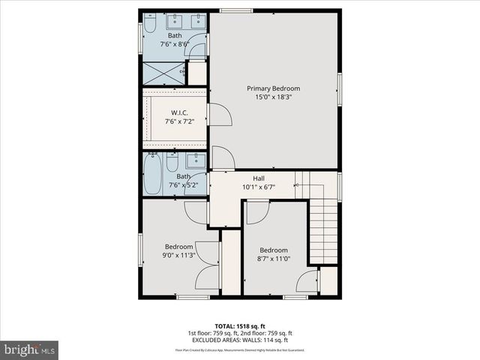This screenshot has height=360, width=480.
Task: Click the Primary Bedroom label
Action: (x=273, y=88)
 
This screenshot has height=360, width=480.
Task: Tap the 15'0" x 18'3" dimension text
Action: (x=273, y=97)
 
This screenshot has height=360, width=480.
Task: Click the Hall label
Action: (x=258, y=178)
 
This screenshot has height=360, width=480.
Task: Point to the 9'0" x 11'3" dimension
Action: (x=179, y=255)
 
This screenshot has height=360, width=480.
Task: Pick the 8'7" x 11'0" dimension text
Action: (x=274, y=259)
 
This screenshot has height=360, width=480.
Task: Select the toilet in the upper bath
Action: (x=150, y=27)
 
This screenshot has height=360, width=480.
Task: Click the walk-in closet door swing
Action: (x=218, y=115)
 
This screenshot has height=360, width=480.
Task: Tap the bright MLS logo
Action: (x=30, y=349)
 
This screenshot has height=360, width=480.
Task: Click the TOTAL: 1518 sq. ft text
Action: (x=240, y=325)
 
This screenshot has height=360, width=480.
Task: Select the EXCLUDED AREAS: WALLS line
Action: (x=240, y=340)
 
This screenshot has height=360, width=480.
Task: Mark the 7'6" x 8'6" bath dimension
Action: (x=175, y=43)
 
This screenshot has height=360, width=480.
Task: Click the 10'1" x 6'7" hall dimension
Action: (x=258, y=186)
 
